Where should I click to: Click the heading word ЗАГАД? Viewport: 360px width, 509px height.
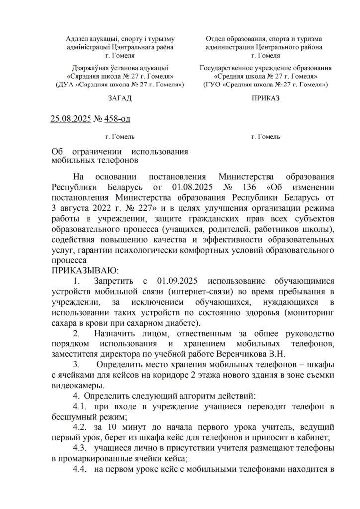(120, 98)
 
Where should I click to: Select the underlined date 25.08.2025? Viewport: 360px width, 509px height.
(71, 118)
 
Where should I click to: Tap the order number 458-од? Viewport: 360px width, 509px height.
(118, 118)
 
